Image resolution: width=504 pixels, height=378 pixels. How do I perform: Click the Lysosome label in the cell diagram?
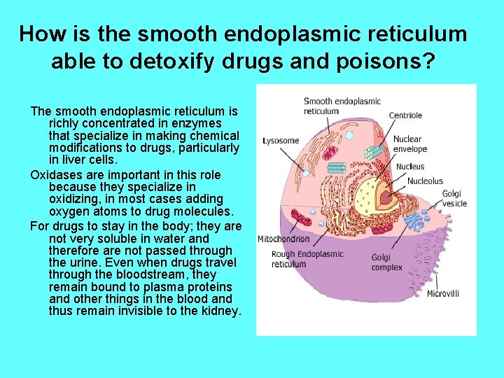pyautogui.click(x=280, y=141)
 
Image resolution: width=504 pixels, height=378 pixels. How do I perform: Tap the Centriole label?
pyautogui.click(x=405, y=115)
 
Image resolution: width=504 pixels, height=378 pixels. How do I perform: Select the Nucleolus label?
pyautogui.click(x=425, y=181)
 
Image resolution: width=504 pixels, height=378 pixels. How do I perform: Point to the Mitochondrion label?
pyautogui.click(x=283, y=239)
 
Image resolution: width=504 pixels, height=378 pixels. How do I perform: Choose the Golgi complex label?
pyautogui.click(x=386, y=262)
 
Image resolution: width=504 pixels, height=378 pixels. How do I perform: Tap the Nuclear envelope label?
pyautogui.click(x=409, y=143)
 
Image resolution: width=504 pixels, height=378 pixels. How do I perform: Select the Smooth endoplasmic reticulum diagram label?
pyautogui.click(x=342, y=106)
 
